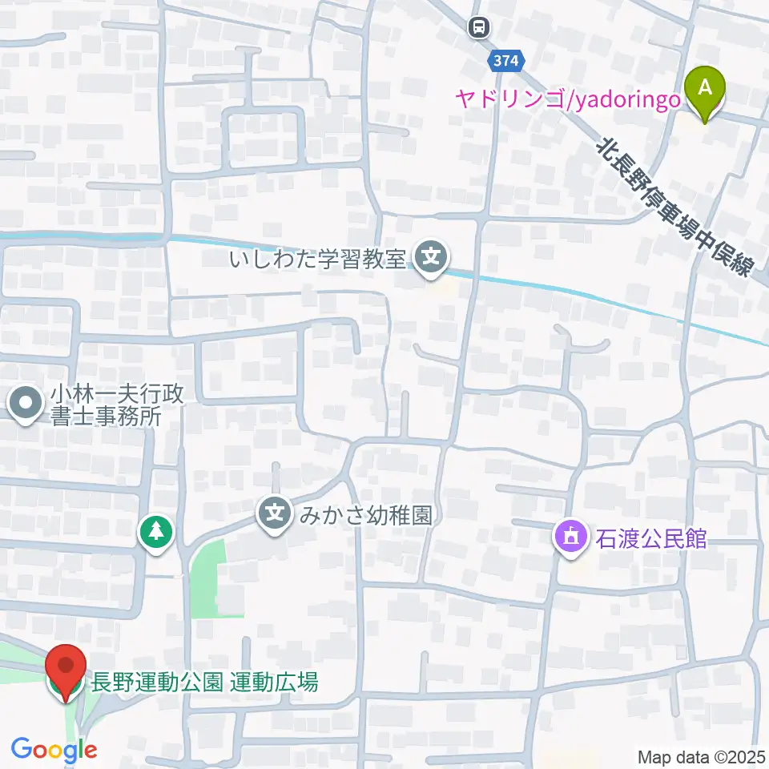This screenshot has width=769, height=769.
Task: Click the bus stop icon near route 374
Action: click(478, 28)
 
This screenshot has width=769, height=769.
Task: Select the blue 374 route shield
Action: click(506, 60)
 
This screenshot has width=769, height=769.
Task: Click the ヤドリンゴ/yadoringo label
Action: click(568, 99)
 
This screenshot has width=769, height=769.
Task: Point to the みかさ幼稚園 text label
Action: click(365, 514)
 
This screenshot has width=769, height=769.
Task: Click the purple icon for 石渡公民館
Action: click(570, 537)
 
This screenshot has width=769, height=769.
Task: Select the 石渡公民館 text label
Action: click(650, 537)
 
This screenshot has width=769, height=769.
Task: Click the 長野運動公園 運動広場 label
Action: click(205, 682)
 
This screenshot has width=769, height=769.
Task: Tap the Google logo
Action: click(54, 750)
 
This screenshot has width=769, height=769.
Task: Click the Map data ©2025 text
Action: click(699, 756)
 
